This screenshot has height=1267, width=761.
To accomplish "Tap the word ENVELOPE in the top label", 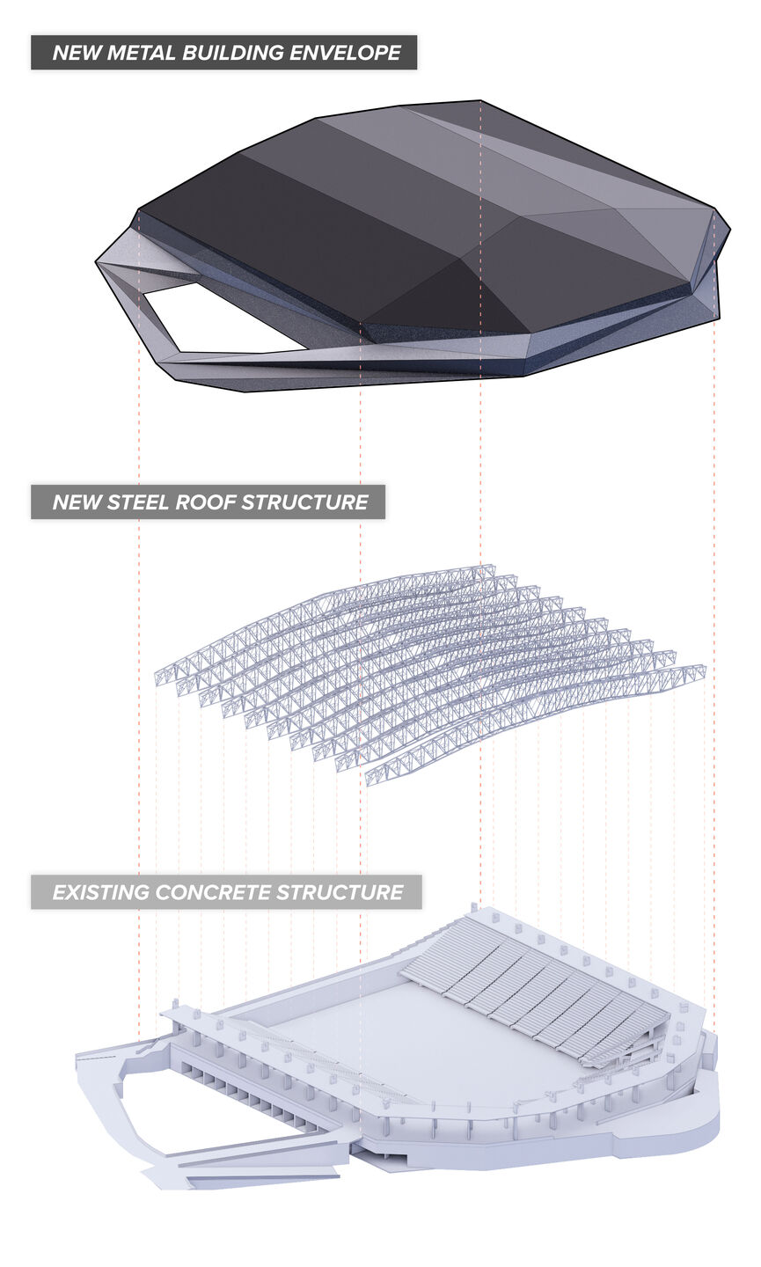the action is tap(345, 53).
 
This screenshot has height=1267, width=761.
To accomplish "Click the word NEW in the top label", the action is tap(77, 53).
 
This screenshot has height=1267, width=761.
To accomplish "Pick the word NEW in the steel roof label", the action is tap(77, 502).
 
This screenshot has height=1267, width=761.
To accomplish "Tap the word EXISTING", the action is tap(100, 892).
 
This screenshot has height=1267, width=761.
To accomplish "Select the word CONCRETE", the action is tap(213, 892).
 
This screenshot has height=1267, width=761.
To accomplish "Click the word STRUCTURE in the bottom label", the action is tap(340, 892).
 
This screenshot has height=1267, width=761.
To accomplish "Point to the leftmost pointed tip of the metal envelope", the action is tap(96, 262).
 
